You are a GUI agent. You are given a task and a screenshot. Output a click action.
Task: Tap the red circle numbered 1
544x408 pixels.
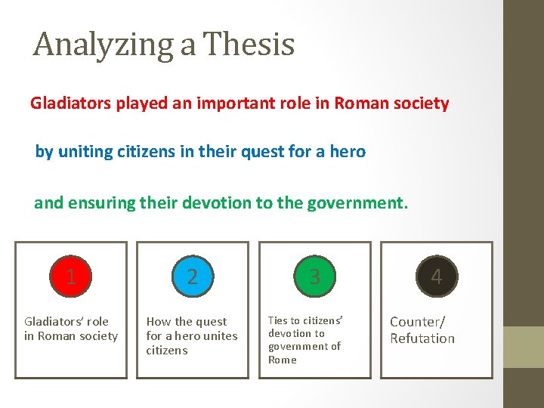coord(71,277)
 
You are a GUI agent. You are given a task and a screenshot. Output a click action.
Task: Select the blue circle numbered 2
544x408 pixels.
coord(193,277)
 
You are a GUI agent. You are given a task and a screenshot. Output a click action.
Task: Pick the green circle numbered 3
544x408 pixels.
coord(314,277)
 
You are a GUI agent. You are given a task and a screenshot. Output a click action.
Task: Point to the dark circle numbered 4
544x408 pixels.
coord(436,277)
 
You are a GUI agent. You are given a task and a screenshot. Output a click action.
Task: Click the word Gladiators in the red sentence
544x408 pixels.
coord(70,103)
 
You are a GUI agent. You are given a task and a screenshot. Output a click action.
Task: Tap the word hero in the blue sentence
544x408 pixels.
coord(348,151)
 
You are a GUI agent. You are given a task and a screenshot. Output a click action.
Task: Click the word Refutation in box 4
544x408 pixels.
coord(422,338)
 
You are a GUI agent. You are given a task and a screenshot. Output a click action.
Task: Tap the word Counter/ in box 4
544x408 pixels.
coord(418,322)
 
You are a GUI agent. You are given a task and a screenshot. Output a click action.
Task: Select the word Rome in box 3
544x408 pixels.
coord(283,360)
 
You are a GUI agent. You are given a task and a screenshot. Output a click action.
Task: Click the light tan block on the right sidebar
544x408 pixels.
coord(524,347)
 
